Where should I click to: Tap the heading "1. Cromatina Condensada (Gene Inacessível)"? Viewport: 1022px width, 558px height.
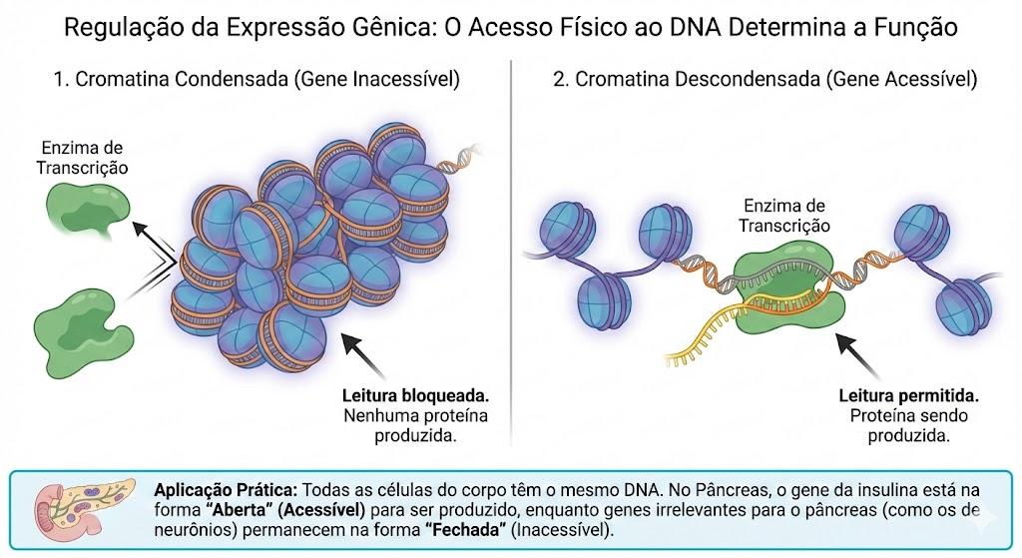[257, 79]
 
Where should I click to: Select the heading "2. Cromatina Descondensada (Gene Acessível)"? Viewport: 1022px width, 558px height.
[766, 79]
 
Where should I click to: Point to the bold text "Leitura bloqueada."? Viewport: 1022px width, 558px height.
[416, 395]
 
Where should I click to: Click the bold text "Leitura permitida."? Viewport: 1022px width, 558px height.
[909, 395]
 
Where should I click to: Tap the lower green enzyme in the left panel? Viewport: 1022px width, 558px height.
[82, 332]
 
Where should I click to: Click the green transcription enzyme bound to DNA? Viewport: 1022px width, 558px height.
[788, 285]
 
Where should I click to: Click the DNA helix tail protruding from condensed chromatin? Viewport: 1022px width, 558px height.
[459, 159]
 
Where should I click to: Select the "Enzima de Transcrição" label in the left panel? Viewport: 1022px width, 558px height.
[82, 158]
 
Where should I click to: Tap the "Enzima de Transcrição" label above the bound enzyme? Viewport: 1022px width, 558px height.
[784, 216]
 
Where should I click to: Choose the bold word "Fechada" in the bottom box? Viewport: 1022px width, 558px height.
[466, 529]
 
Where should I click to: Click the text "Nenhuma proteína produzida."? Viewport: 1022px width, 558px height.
[416, 425]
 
